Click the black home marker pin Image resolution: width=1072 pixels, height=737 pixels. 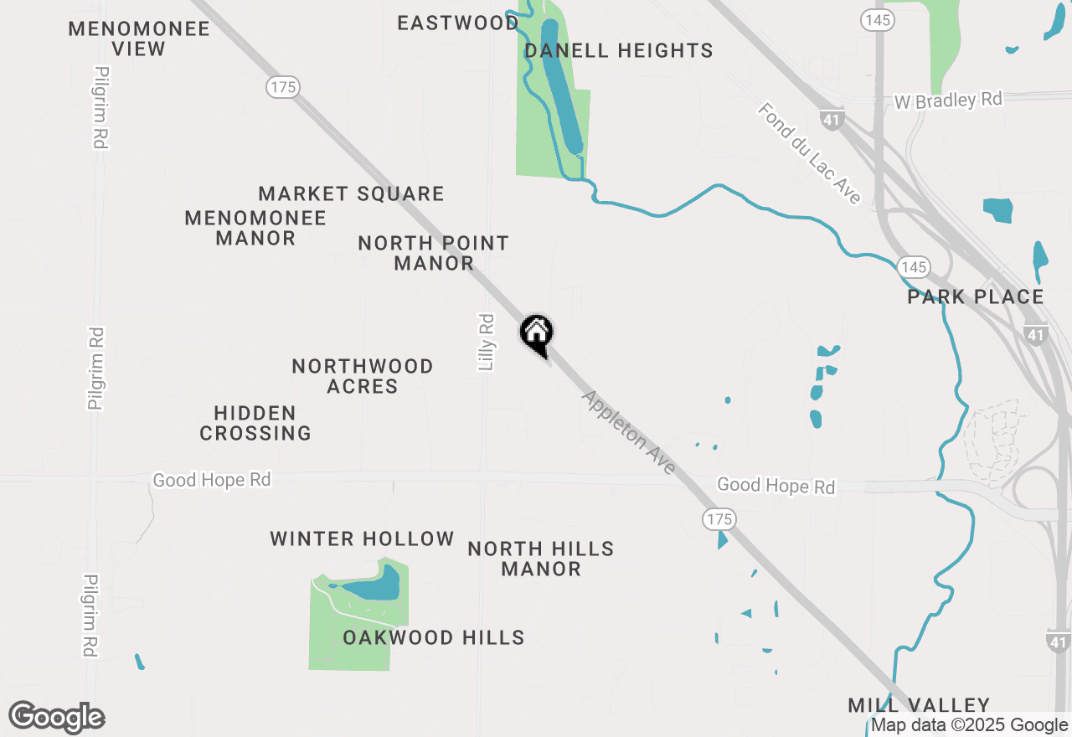(x=537, y=332)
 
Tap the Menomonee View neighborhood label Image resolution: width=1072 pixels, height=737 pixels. (x=139, y=39)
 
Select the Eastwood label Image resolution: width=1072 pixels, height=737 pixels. (x=457, y=23)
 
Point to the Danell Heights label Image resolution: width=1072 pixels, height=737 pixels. (x=619, y=50)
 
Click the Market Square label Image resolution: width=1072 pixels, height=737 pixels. (x=351, y=193)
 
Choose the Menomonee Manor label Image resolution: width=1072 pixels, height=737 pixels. (x=255, y=228)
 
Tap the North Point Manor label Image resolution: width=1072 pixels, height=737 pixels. (x=434, y=253)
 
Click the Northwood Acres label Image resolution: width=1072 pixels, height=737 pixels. (x=363, y=376)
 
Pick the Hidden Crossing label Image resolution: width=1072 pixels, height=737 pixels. (x=255, y=423)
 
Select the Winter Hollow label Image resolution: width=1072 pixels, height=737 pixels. (x=362, y=539)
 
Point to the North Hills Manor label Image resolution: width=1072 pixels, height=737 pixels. (x=541, y=559)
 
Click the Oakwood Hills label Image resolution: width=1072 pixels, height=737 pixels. (x=434, y=637)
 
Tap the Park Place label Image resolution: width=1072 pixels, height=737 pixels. (x=976, y=296)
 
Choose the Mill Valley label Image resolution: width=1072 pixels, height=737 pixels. (x=919, y=705)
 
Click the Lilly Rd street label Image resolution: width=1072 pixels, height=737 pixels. (x=487, y=342)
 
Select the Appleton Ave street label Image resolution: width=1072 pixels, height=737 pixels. (x=629, y=432)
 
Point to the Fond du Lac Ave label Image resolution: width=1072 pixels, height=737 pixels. (x=810, y=153)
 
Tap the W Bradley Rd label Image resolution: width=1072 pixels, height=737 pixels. (x=948, y=100)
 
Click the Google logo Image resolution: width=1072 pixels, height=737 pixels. (x=57, y=717)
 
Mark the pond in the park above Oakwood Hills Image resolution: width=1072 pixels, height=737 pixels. (x=374, y=586)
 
